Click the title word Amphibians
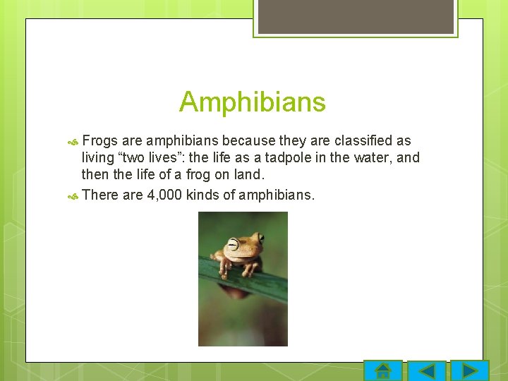pyautogui.click(x=252, y=102)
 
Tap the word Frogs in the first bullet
pyautogui.click(x=99, y=141)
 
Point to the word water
pyautogui.click(x=373, y=157)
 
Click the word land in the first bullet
pyautogui.click(x=249, y=174)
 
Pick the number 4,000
pyautogui.click(x=164, y=195)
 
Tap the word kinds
pyautogui.click(x=203, y=195)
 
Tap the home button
pyautogui.click(x=383, y=371)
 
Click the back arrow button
pyautogui.click(x=427, y=371)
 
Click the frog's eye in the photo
pyautogui.click(x=232, y=245)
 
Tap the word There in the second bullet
pyautogui.click(x=100, y=195)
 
